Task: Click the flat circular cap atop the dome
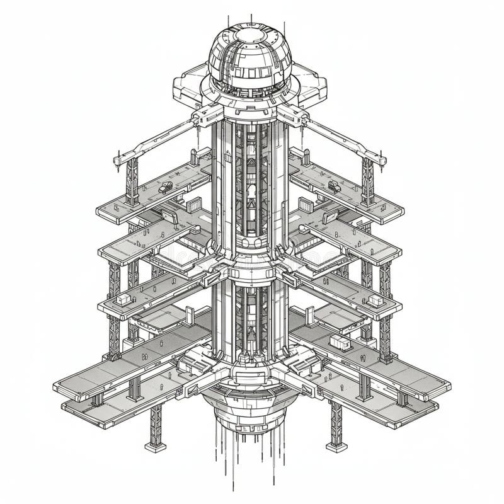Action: click(250, 35)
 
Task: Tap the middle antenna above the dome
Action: click(251, 19)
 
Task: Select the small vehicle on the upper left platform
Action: click(166, 186)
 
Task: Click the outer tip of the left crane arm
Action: click(118, 160)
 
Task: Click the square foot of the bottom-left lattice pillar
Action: click(155, 447)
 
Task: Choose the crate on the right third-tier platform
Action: click(376, 300)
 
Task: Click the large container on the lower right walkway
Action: click(340, 342)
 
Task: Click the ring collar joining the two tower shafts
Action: click(250, 270)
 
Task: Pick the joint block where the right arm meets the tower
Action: click(293, 115)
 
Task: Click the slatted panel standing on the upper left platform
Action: click(194, 205)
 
